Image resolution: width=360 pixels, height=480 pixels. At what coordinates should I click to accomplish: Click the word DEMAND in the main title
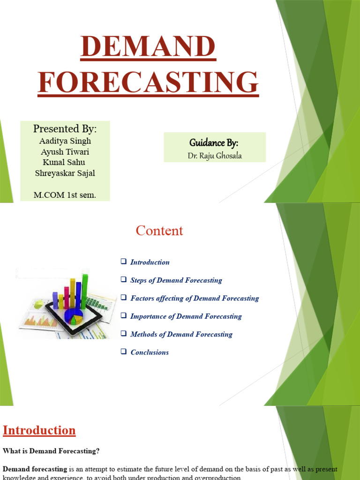point(148,48)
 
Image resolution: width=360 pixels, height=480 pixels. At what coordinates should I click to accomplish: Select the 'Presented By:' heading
point(65,129)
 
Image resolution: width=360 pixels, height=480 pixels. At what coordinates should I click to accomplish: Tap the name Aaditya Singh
point(65,141)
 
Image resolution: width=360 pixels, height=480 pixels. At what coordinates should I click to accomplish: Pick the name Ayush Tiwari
point(65,152)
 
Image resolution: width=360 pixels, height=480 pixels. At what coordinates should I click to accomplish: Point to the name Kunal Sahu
point(65,163)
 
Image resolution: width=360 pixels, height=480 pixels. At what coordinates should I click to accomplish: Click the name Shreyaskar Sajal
point(65,173)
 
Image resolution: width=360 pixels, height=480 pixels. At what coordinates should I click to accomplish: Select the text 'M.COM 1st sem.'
point(65,195)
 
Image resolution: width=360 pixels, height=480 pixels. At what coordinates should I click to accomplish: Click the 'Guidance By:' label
point(214,142)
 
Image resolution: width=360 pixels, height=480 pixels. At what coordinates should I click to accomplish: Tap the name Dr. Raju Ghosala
point(215,156)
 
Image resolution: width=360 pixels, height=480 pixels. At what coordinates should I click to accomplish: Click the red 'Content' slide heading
point(159,231)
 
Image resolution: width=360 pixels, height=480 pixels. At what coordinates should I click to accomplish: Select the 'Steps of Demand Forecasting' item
point(176,280)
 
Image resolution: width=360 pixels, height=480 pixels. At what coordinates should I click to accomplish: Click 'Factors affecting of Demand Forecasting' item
point(194,298)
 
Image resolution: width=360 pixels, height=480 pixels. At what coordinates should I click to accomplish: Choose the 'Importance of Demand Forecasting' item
point(186,316)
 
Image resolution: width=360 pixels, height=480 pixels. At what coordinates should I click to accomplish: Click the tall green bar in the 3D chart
point(85,291)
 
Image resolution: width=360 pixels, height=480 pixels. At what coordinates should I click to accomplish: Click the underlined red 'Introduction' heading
point(39,430)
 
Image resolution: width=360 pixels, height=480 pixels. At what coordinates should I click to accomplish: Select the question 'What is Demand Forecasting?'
point(51,451)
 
